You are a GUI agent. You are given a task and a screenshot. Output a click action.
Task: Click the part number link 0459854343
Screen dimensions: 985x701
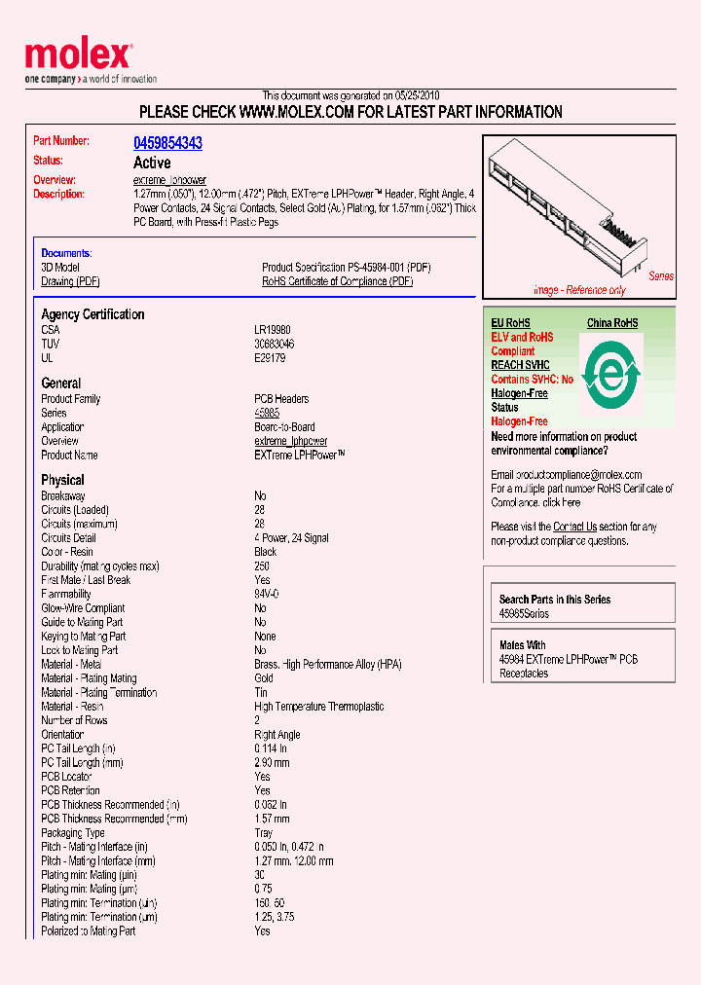pyautogui.click(x=167, y=143)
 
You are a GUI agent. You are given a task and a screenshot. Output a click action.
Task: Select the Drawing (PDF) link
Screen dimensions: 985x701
pyautogui.click(x=70, y=281)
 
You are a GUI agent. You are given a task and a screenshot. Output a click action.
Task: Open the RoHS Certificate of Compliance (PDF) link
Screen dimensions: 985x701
pyautogui.click(x=337, y=281)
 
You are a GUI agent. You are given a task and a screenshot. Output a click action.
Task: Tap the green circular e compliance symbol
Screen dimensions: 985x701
pyautogui.click(x=610, y=370)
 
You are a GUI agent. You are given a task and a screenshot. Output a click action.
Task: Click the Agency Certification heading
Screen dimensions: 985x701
pyautogui.click(x=92, y=314)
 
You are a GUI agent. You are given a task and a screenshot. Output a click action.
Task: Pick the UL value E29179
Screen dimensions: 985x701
pyautogui.click(x=271, y=358)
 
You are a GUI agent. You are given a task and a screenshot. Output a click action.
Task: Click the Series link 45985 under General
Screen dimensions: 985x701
pyautogui.click(x=268, y=413)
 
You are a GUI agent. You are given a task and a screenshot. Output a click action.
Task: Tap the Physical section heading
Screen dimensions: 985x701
pyautogui.click(x=62, y=480)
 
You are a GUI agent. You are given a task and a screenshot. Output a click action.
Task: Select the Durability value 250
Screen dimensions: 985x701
pyautogui.click(x=262, y=565)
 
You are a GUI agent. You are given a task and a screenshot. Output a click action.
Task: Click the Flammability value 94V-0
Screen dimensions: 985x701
pyautogui.click(x=267, y=594)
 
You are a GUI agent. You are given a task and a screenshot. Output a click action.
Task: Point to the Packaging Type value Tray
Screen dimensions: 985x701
pyautogui.click(x=264, y=833)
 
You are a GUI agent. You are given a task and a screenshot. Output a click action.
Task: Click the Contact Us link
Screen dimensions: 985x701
pyautogui.click(x=574, y=527)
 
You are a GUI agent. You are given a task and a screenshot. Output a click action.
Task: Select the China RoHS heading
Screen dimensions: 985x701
pyautogui.click(x=612, y=323)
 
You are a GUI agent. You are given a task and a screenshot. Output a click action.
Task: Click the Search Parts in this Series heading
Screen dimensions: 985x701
pyautogui.click(x=555, y=600)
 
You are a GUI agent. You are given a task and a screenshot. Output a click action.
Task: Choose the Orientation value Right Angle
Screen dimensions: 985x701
pyautogui.click(x=277, y=735)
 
